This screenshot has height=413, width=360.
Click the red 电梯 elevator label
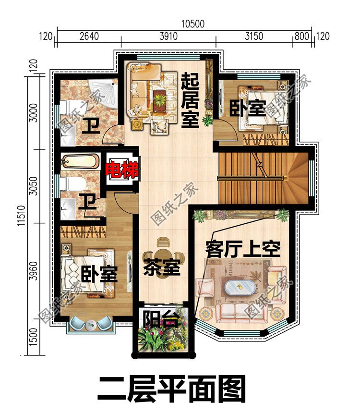tap(122, 170)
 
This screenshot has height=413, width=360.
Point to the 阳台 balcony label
tap(162, 318)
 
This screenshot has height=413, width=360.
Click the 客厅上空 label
tap(242, 250)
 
